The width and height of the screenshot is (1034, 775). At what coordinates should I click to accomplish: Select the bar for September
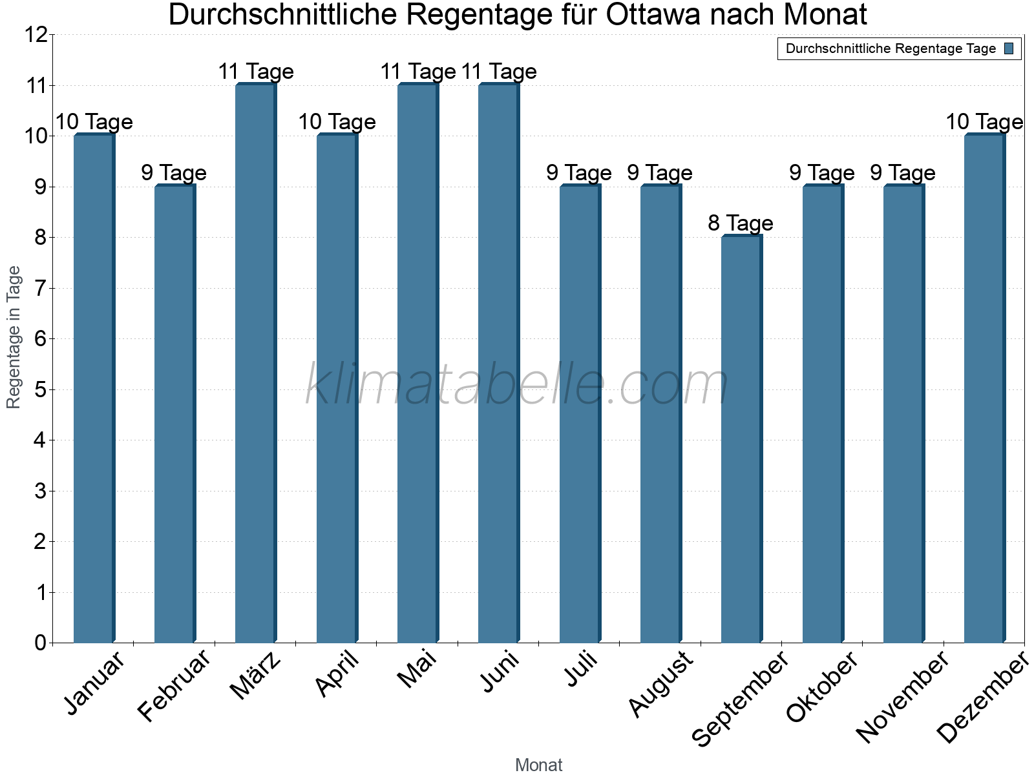click(741, 439)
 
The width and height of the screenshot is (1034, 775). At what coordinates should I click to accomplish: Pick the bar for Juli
click(580, 413)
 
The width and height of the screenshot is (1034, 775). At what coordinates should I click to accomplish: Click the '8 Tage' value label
click(741, 223)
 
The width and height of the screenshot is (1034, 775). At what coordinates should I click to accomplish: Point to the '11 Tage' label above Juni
click(499, 72)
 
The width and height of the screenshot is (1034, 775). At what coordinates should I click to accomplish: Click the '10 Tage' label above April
click(337, 122)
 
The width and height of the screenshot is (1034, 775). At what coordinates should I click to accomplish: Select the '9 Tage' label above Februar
click(174, 173)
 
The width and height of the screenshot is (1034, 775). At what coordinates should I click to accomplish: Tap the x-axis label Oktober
click(822, 687)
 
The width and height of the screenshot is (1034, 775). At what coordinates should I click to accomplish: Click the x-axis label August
click(661, 683)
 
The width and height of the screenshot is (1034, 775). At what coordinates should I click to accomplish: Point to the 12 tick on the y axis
click(36, 35)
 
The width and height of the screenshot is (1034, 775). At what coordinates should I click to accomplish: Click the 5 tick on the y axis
click(41, 389)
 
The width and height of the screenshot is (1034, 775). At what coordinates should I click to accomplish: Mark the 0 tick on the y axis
click(41, 643)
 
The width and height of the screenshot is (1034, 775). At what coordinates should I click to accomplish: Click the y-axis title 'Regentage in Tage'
click(14, 337)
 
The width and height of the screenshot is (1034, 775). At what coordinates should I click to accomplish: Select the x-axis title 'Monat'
click(538, 765)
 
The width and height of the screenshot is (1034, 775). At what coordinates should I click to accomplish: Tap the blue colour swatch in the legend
click(1009, 48)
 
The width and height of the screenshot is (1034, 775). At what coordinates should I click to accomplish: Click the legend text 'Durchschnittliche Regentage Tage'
click(891, 48)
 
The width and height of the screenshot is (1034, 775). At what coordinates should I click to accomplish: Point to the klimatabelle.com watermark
click(517, 385)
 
